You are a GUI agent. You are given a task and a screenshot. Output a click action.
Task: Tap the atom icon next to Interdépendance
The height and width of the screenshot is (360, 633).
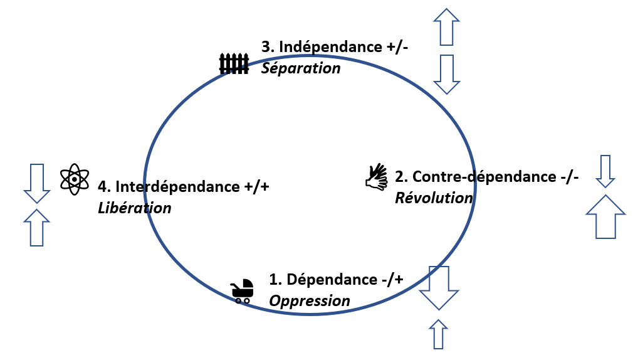(75, 179)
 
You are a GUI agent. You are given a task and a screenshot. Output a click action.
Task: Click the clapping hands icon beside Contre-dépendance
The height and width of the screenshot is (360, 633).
(377, 177)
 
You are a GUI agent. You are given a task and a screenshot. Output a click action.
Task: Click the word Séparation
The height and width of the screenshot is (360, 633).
(301, 68)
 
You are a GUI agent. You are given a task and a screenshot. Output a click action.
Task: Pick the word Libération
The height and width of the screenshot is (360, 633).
(135, 208)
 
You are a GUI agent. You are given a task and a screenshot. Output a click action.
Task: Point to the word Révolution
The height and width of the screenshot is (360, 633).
(434, 198)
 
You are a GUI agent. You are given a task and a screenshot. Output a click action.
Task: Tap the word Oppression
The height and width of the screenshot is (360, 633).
(310, 300)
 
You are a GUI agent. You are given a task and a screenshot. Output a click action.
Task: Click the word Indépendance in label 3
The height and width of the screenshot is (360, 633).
(327, 47)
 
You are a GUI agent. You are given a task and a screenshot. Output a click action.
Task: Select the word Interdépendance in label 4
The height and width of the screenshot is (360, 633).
(175, 186)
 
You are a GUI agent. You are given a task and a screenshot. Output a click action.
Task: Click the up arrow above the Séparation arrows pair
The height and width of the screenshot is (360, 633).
(446, 27)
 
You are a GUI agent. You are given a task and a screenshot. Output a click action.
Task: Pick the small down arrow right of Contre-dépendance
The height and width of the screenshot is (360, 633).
(605, 171)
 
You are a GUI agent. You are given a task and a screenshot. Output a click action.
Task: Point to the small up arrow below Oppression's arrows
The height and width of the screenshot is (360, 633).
(439, 334)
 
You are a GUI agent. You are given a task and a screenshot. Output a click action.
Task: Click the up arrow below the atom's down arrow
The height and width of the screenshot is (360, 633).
(36, 227)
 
